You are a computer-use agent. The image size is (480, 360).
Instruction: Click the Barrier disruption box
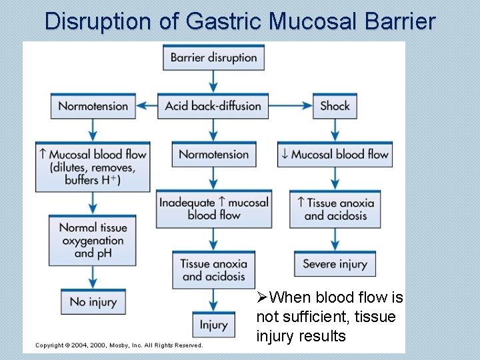coord(213,57)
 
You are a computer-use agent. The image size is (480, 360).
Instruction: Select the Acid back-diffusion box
coord(213,106)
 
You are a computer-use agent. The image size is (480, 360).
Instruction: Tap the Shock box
coord(335,106)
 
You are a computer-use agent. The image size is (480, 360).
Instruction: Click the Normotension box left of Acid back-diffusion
coord(93,106)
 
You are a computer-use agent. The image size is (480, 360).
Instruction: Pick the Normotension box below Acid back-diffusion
coord(213,155)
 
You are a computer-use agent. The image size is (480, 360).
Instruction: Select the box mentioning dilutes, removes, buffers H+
coord(93,167)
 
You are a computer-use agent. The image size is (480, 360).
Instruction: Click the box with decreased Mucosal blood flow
coord(335,155)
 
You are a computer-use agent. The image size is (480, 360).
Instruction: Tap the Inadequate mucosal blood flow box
coord(213,209)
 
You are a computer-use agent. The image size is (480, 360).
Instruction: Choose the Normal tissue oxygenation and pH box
coord(93,241)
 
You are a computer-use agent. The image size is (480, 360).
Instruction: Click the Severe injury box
coord(335,264)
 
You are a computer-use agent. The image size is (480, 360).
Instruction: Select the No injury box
coord(93,302)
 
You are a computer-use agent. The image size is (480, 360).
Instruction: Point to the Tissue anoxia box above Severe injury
coord(335,209)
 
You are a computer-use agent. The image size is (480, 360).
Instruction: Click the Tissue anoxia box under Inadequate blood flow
coord(213,270)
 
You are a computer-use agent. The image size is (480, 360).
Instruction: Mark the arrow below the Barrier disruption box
coord(213,81)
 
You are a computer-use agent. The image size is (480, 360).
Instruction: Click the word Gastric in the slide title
coord(225,21)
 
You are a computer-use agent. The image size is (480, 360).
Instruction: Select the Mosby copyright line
coord(119,345)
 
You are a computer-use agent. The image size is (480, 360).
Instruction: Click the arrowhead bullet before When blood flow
coord(262,297)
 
